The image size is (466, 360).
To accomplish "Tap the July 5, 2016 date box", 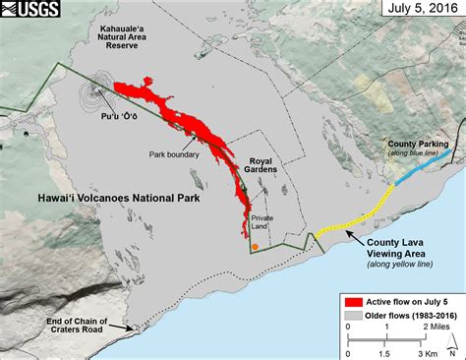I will click(x=420, y=12).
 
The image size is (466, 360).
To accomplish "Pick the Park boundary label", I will click(x=174, y=153).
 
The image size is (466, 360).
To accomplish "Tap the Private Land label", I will click(x=262, y=223).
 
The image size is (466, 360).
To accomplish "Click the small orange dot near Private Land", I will click(x=255, y=248).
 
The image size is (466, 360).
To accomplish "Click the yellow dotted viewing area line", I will click(x=354, y=217).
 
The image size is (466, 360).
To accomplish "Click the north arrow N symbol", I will click(x=450, y=337).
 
